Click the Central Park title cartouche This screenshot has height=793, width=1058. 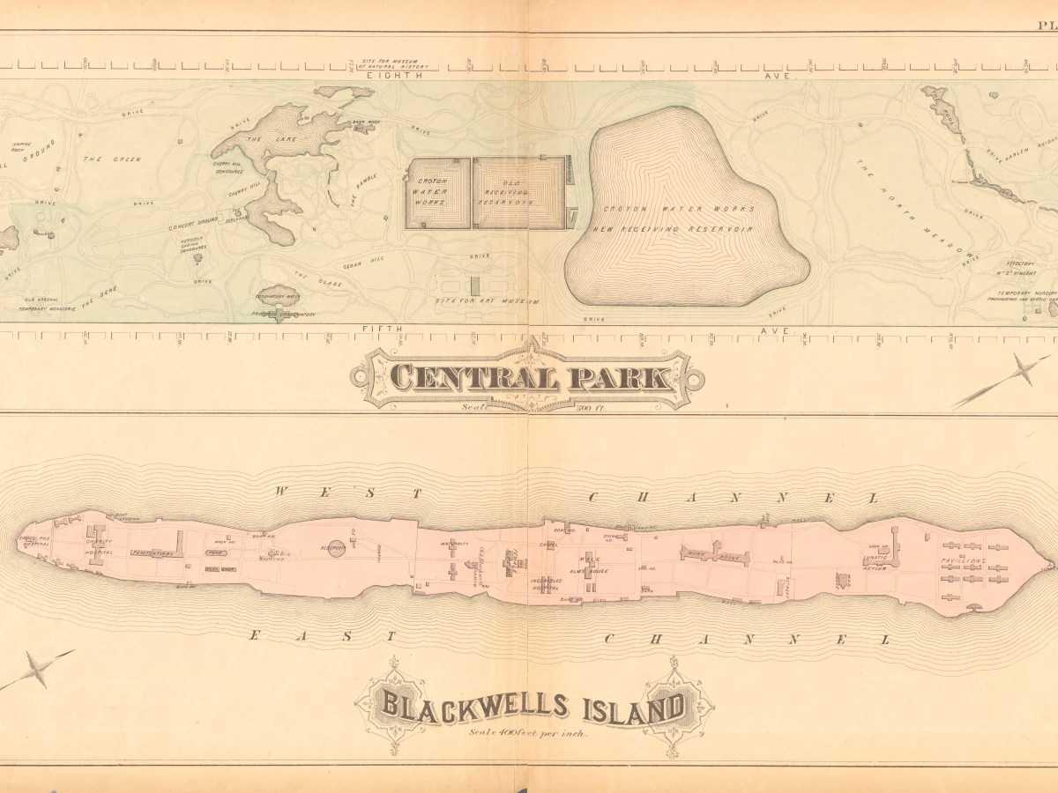pyautogui.click(x=526, y=378)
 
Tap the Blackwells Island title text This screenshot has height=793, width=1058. pyautogui.click(x=532, y=706)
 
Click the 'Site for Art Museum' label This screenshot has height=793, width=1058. pyautogui.click(x=487, y=300)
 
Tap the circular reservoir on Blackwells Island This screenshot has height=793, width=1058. pyautogui.click(x=335, y=550)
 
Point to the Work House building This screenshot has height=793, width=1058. pyautogui.click(x=713, y=555)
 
